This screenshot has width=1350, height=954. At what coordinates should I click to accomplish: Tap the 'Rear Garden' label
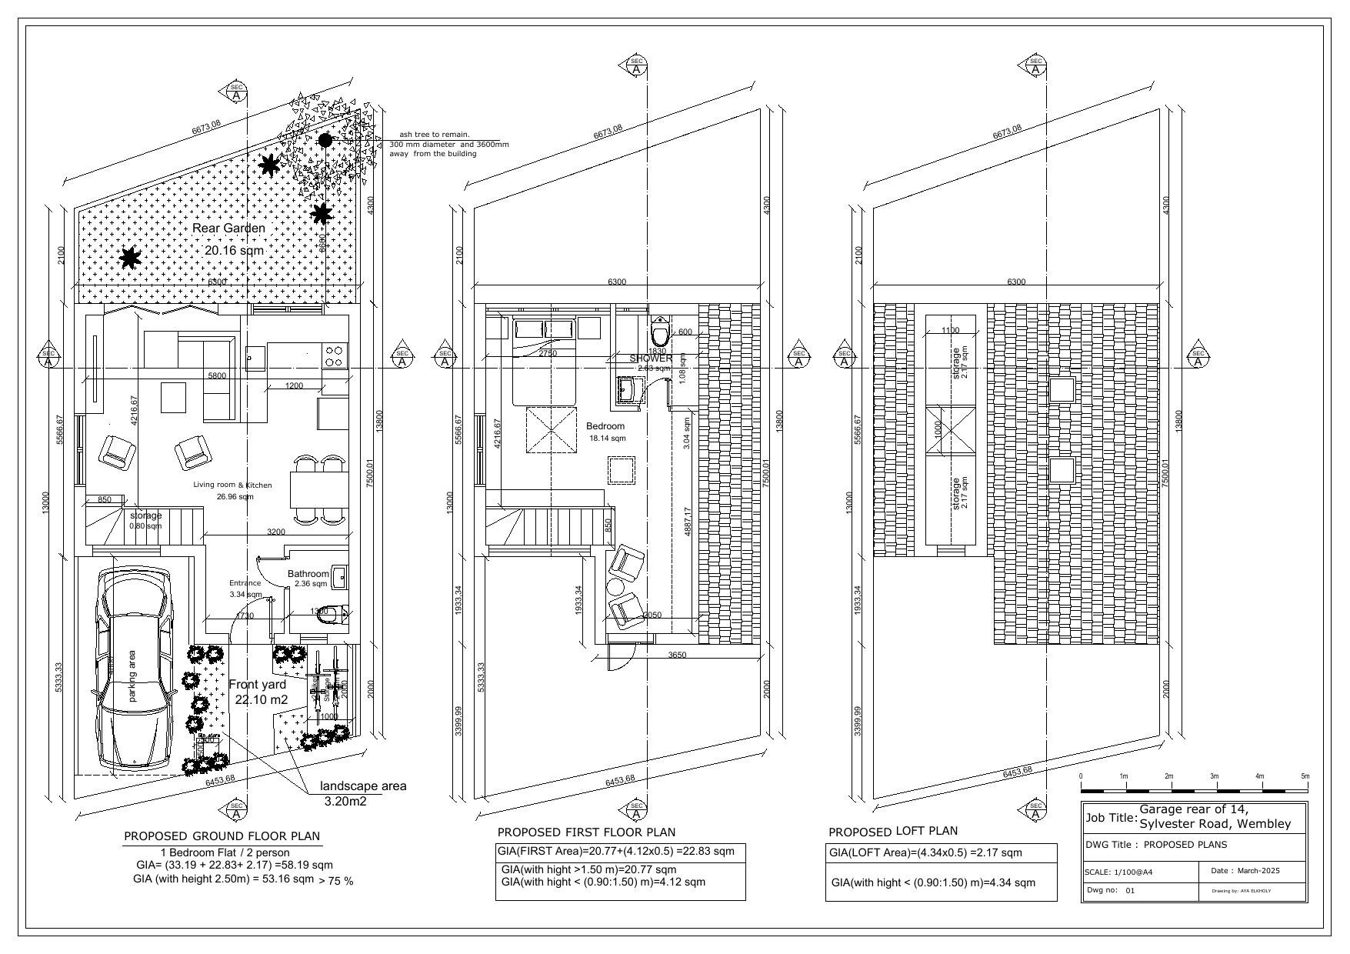pos(228,228)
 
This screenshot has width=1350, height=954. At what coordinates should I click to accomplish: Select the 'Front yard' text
pos(258,685)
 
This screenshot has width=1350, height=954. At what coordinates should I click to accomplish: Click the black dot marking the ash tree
pos(325,140)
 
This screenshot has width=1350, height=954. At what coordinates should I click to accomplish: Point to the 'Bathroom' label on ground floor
pos(308,574)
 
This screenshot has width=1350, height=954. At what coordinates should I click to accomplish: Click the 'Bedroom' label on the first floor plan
pos(605,426)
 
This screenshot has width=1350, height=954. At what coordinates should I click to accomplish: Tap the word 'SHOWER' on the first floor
pos(651,359)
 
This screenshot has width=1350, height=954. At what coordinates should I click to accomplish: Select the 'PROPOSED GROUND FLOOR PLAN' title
pos(222,836)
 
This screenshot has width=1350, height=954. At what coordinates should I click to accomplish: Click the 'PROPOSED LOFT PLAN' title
pos(893,832)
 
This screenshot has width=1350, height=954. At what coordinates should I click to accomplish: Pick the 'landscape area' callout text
pos(363,786)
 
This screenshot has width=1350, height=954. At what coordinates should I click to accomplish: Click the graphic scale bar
pos(1194,791)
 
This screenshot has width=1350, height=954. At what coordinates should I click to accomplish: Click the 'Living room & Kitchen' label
pos(232,485)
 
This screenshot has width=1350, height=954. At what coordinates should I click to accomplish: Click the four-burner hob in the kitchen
pos(335,356)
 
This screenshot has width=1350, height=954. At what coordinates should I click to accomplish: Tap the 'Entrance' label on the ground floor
pos(245,583)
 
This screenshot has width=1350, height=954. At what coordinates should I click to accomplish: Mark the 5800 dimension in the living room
pos(218,376)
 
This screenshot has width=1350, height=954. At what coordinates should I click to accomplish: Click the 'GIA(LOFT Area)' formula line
pos(925,852)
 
